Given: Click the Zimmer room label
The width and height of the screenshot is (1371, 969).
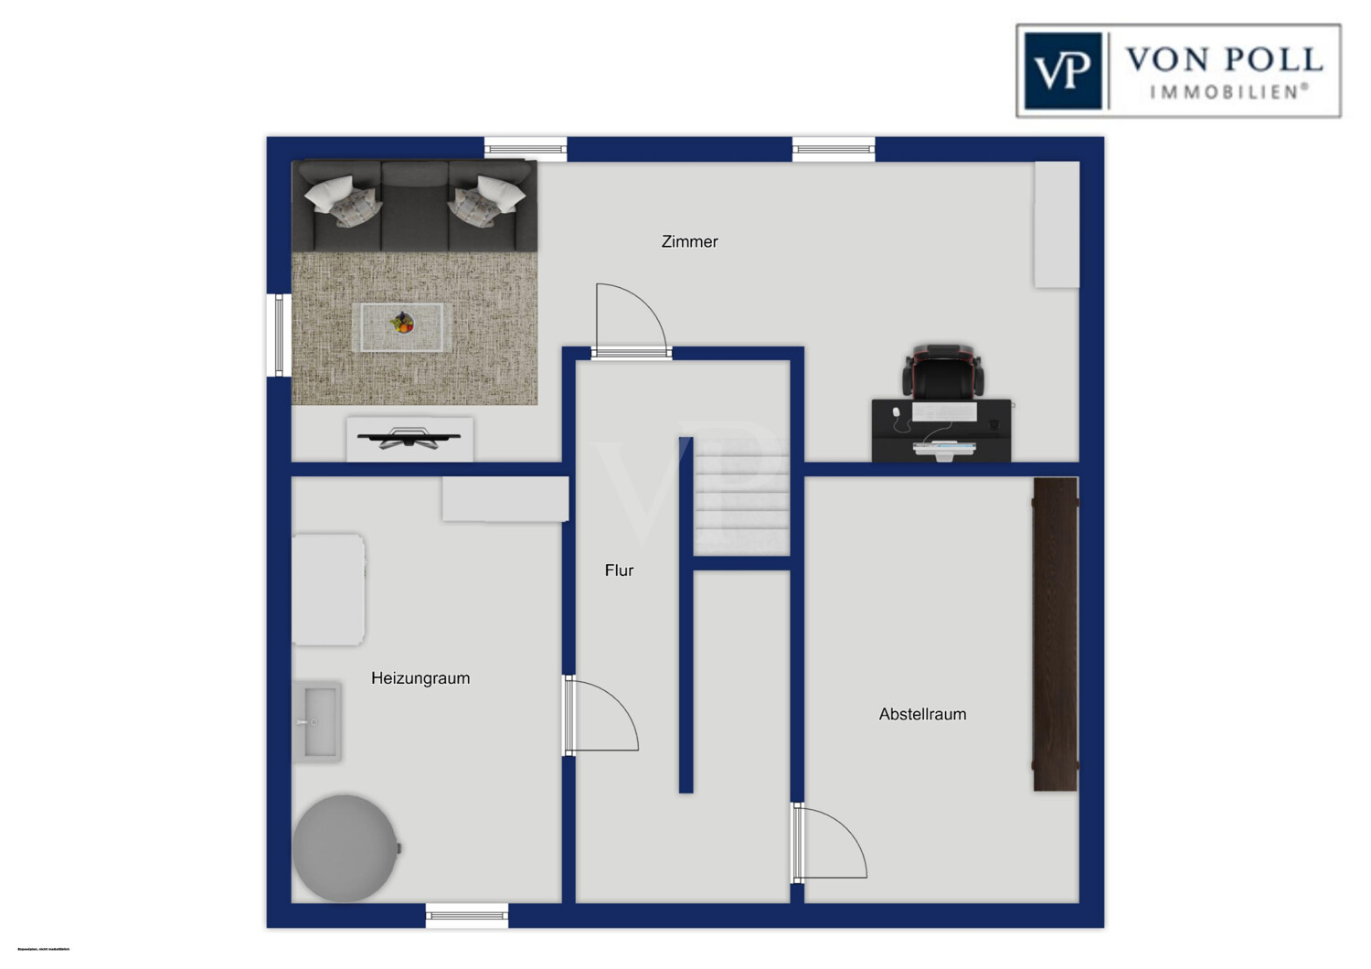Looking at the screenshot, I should [x=689, y=241].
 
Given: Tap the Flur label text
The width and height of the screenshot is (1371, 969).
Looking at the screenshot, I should [x=619, y=570].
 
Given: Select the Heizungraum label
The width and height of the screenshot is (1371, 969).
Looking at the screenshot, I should [x=420, y=678].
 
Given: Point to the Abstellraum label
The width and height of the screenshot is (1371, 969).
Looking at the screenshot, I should [x=922, y=715].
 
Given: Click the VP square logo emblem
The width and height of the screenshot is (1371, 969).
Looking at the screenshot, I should [x=1062, y=71].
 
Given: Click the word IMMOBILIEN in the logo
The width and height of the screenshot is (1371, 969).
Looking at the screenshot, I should [x=1228, y=92].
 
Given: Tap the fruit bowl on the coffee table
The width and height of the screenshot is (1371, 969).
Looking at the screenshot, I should [x=402, y=323].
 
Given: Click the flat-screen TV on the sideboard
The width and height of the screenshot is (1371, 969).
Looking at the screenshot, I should [x=409, y=438].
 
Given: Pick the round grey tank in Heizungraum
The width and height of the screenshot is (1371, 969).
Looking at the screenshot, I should [x=345, y=848].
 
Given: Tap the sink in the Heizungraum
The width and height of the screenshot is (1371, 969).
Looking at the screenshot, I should [x=317, y=722].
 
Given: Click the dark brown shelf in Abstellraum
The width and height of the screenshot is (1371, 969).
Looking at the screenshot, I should [x=1056, y=634].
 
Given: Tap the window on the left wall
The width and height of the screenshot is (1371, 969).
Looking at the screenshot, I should [x=279, y=335].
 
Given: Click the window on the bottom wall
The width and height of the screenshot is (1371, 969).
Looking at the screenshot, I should [x=467, y=915].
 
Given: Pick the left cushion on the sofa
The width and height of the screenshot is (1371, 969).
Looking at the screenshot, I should [x=340, y=200].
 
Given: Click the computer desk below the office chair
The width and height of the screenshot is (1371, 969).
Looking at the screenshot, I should [x=941, y=431].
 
